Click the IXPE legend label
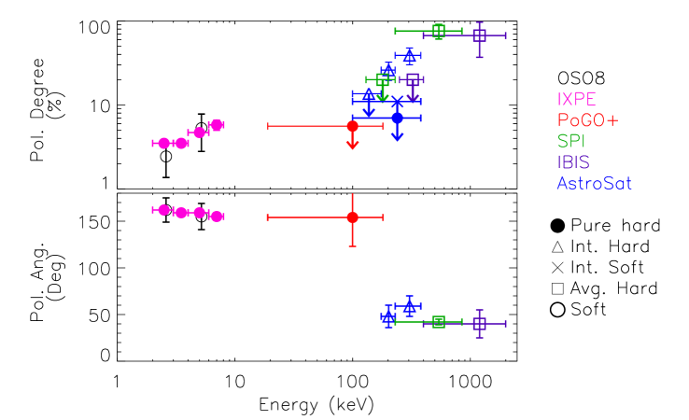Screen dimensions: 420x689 (576, 100)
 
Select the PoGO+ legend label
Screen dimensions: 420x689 (587, 120)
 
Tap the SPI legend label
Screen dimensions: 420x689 (570, 142)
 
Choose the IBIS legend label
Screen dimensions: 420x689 (573, 162)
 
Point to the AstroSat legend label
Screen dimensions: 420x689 (594, 184)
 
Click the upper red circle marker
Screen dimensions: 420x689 (352, 126)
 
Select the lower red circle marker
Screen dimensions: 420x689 (352, 217)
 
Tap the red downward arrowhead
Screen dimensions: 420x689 (352, 145)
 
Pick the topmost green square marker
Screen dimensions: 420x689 (439, 31)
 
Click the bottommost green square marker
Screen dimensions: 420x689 (439, 322)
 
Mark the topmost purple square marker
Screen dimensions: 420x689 (479, 35)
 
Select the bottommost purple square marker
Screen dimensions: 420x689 (479, 324)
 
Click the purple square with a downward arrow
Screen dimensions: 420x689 (413, 79)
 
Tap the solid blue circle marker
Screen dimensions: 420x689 (397, 118)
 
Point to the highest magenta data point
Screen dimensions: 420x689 (217, 125)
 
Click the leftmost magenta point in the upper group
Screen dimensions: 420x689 (163, 143)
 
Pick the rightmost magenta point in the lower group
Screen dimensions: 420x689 (217, 217)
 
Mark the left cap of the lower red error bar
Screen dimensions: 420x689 (268, 217)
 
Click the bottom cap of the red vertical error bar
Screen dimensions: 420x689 (352, 245)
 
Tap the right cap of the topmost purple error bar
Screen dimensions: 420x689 (505, 35)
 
